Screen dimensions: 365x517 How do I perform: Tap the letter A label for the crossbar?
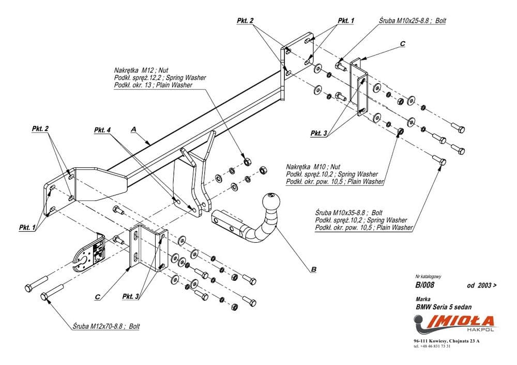133,131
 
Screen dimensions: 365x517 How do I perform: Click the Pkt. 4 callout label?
102,130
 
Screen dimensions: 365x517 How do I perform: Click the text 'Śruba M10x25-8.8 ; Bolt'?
412,21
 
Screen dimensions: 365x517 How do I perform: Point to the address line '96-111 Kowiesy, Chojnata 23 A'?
447,341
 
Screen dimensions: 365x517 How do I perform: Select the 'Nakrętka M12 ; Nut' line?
138,70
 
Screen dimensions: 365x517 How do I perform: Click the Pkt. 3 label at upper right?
318,133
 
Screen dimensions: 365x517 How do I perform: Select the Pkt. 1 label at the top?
346,21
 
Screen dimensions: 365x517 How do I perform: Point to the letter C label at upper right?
402,44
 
